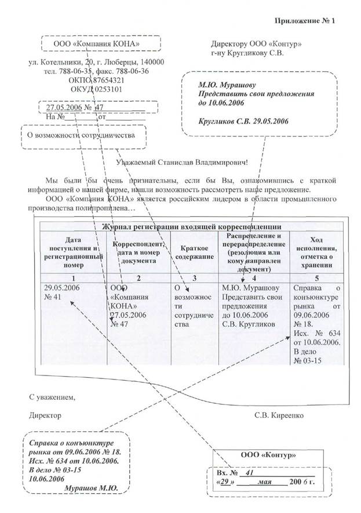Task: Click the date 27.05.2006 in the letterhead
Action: tap(60, 107)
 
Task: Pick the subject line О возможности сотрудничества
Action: tap(83, 135)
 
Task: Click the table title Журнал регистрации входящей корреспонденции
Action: tap(199, 226)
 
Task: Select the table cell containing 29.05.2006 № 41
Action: tap(61, 293)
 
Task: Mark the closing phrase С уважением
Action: tap(52, 397)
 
